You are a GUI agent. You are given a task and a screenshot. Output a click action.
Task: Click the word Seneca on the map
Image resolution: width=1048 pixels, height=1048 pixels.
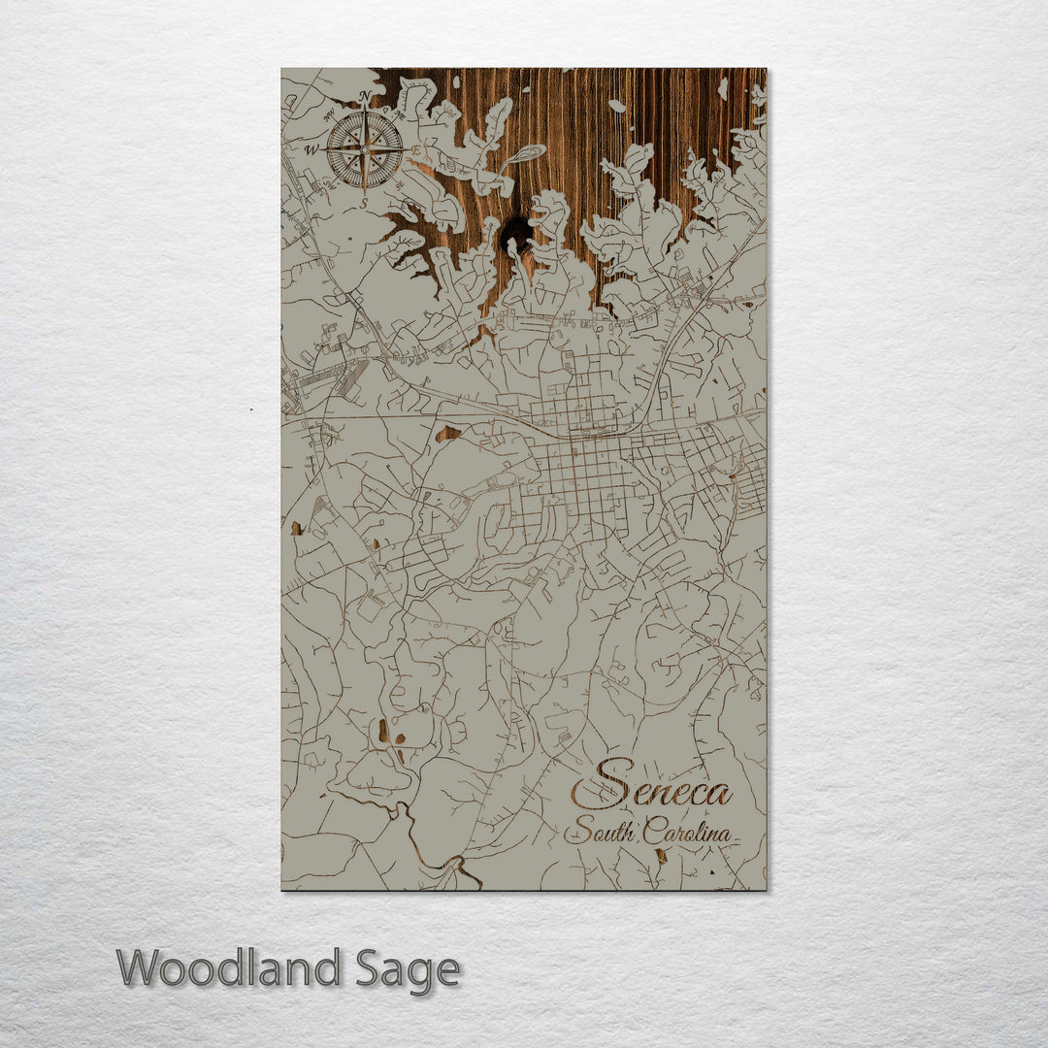(x=650, y=792)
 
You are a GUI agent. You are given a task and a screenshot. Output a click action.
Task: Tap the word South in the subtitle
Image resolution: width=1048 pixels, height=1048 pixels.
(x=599, y=832)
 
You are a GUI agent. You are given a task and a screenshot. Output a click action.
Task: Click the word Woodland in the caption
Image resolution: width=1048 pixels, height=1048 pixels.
(x=229, y=967)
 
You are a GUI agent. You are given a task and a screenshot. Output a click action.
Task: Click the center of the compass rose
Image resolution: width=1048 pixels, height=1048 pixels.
(x=365, y=148)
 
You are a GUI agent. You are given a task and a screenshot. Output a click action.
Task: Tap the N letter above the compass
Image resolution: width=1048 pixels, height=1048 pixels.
(x=365, y=95)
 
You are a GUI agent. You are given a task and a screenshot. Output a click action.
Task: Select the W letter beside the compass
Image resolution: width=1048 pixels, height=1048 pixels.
(x=312, y=150)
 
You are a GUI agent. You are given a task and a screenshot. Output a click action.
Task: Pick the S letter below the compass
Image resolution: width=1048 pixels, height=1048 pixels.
(x=365, y=203)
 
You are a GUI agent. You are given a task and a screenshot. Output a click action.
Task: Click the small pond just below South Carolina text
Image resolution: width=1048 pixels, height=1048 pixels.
(x=662, y=856)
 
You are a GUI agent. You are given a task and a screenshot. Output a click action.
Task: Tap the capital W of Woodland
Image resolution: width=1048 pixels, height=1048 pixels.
(x=138, y=967)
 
